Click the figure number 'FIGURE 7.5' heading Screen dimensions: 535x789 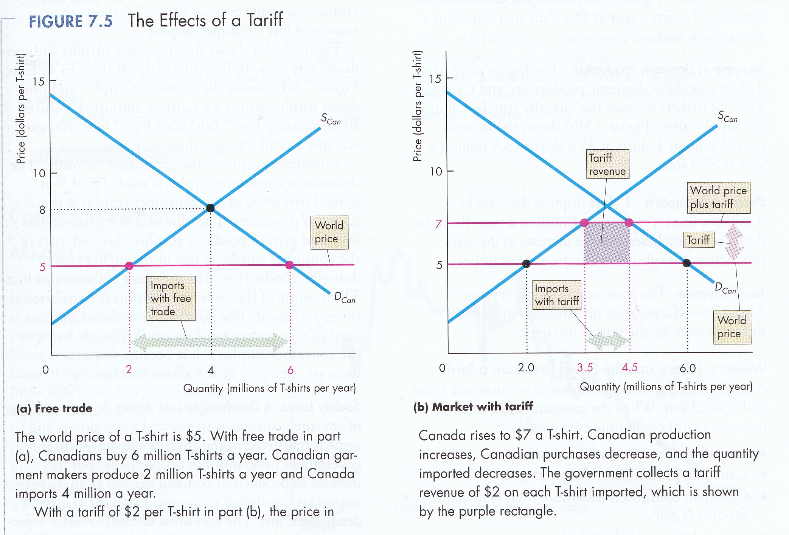(x=71, y=21)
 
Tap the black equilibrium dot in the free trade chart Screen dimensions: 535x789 (x=211, y=208)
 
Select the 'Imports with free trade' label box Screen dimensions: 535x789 (x=171, y=298)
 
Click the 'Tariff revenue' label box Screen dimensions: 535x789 (x=607, y=164)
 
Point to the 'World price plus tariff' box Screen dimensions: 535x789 (x=718, y=197)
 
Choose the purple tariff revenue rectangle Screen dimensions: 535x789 (x=607, y=243)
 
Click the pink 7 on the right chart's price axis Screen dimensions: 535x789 (x=438, y=223)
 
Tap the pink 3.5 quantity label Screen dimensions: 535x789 (x=585, y=368)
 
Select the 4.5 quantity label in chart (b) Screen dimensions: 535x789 (x=630, y=368)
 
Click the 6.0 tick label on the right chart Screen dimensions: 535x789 (x=688, y=368)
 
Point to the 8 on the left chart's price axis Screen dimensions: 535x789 (x=42, y=210)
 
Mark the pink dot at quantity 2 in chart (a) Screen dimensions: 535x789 (x=129, y=266)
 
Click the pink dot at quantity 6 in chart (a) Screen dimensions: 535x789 (x=290, y=265)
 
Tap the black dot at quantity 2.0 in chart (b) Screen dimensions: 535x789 (x=526, y=264)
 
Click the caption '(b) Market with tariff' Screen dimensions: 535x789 (x=473, y=407)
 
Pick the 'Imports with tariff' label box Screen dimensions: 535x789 (x=556, y=295)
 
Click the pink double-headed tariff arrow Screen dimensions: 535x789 (x=733, y=242)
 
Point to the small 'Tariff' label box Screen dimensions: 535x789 (x=699, y=240)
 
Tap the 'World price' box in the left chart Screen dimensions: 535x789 (x=329, y=232)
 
